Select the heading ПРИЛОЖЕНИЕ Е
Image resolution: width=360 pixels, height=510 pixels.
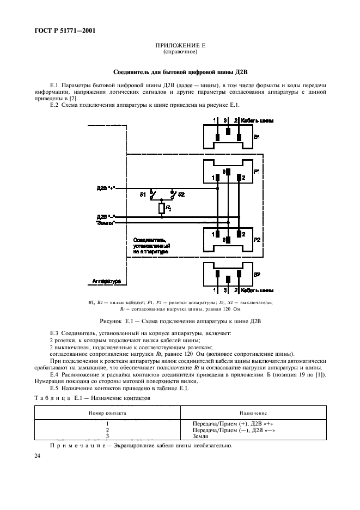coord(180,47)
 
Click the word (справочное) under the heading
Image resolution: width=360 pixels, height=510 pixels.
coord(180,53)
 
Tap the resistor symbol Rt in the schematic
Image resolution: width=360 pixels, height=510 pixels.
coord(162,208)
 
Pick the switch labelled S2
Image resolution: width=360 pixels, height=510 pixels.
coord(173,193)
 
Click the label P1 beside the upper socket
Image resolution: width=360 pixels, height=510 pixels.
coord(257,171)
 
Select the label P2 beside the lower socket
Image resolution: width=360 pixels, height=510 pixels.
coord(257,238)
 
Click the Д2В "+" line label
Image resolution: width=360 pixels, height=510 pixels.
coord(105,188)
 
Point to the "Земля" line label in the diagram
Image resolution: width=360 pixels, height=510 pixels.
coord(105,223)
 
